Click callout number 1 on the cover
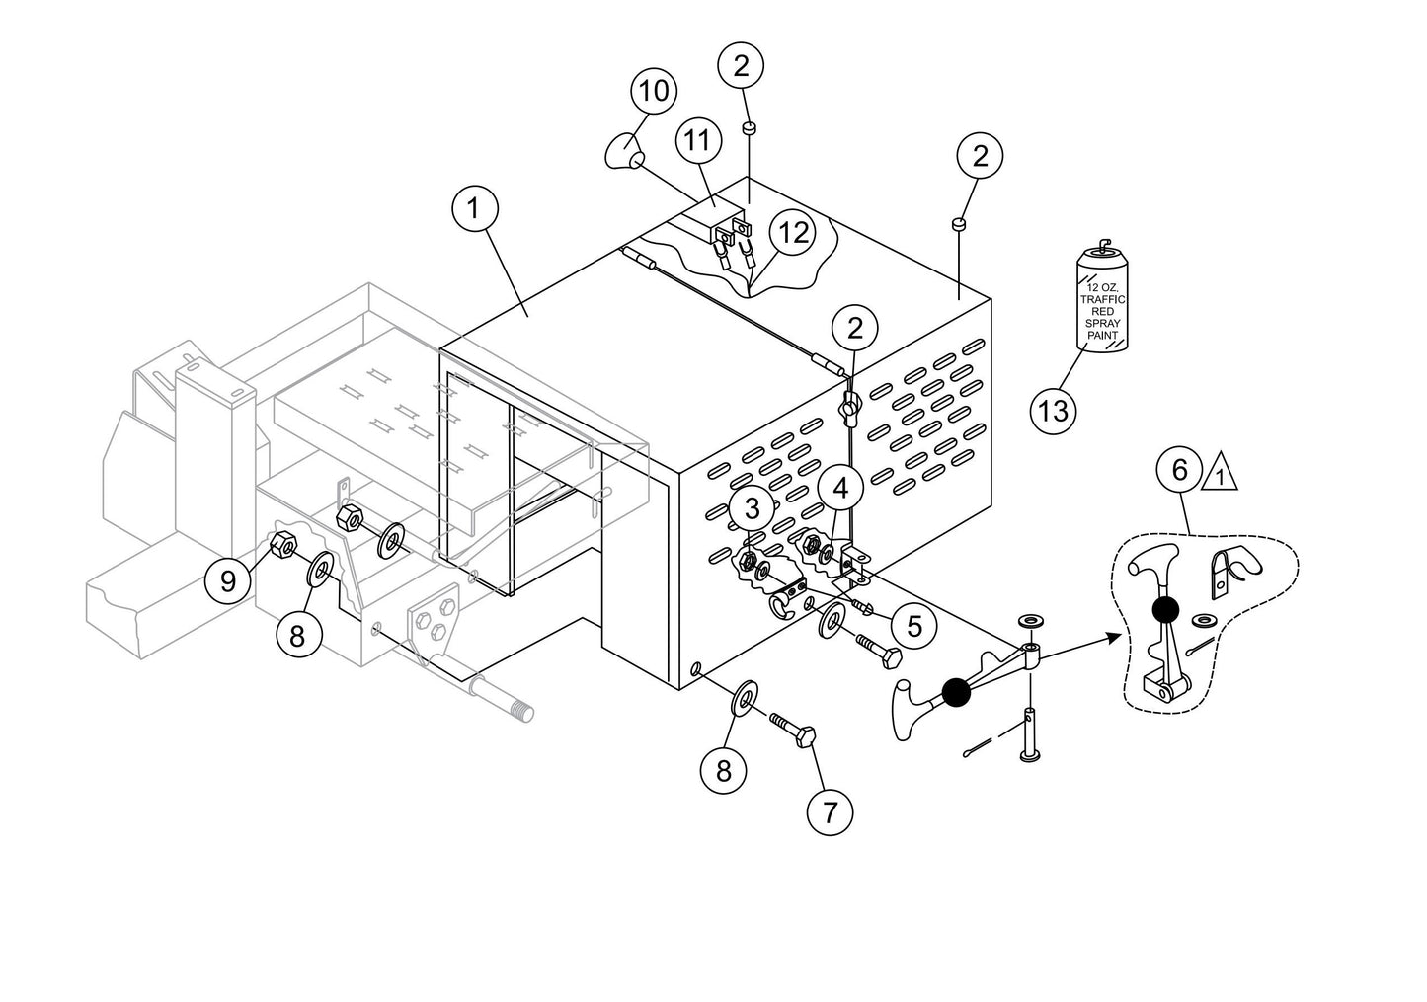(x=475, y=209)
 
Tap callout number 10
(x=654, y=92)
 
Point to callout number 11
(x=698, y=141)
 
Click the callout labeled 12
(x=792, y=233)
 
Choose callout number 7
(x=830, y=811)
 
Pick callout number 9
(x=228, y=580)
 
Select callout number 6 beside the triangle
(x=1180, y=470)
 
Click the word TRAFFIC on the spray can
(x=1101, y=298)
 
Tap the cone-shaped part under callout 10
(x=624, y=153)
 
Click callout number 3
(x=753, y=509)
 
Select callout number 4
(x=840, y=488)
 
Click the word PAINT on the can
(x=1101, y=336)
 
